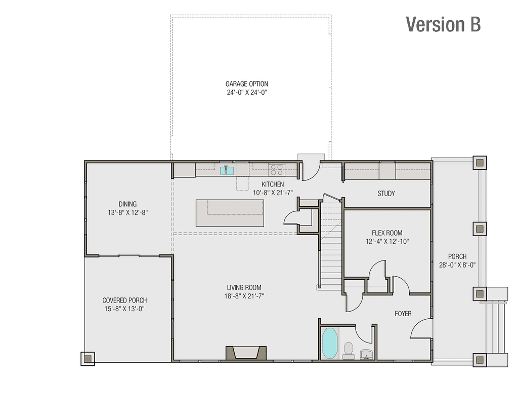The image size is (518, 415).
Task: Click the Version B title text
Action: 443,24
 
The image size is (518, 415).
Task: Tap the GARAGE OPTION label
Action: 247,84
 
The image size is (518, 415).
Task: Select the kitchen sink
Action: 227,171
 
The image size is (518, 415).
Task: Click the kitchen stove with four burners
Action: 276,169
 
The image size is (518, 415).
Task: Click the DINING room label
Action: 127,204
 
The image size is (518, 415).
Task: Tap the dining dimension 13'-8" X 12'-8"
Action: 127,213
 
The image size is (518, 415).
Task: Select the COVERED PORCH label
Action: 124,300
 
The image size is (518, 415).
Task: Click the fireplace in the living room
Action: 246,352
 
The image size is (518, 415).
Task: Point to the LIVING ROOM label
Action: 244,288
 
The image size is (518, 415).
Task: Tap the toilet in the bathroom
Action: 348,350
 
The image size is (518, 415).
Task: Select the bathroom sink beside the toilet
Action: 366,354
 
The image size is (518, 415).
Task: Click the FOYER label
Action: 403,314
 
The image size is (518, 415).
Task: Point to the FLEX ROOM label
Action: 387,233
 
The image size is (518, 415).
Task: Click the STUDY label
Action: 386,194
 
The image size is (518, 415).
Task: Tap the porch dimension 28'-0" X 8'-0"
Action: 457,265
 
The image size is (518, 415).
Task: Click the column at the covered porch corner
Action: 88,359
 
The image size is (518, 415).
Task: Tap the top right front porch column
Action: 479,163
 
